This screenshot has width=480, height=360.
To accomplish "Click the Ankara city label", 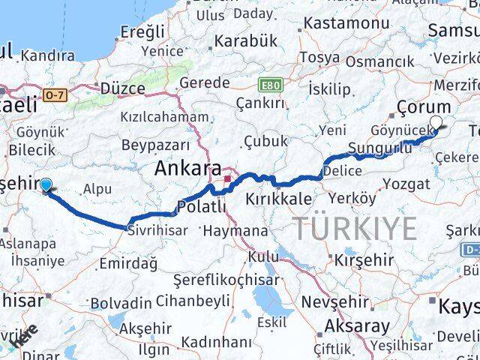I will (187, 169).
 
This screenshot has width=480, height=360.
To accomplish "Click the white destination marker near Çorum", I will (436, 125).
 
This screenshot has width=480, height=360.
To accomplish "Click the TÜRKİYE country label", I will (354, 227).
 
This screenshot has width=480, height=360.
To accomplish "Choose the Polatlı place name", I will (201, 208).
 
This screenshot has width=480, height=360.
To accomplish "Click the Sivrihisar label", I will (158, 231).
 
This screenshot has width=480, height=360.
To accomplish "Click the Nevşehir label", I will (335, 302).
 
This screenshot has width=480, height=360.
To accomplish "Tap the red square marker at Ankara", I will (226, 179).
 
